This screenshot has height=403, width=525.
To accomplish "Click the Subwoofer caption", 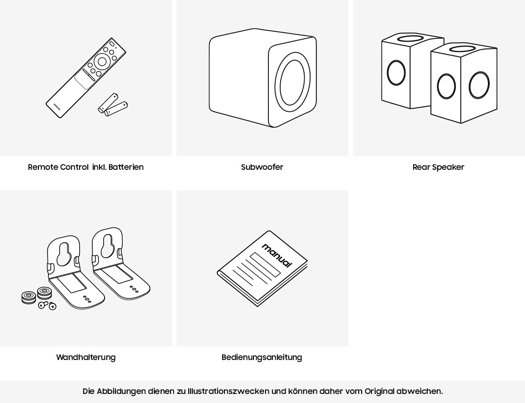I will coord(262,167).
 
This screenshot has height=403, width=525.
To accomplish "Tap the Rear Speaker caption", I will coord(438,167).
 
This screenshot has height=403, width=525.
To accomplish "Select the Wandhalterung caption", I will coord(86,357).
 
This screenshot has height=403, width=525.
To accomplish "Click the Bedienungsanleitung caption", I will coord(262,357).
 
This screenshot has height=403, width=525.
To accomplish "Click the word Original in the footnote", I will coord(379,391).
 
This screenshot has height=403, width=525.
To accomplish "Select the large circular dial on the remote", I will coord(102,62).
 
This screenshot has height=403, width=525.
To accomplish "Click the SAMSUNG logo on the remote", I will coord(57,107).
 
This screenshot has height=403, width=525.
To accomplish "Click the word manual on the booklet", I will coord(277,255).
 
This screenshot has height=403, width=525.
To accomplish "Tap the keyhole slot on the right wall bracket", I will coord(108,245).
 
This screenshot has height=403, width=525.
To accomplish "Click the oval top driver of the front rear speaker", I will coord(462,48).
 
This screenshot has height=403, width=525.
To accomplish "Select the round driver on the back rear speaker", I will coord(396,72).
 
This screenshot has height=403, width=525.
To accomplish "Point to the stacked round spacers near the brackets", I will coord(36,296).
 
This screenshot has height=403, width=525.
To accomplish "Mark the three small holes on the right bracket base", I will coord(134,289).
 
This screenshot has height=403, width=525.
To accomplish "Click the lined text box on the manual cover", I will coord(265,264).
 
